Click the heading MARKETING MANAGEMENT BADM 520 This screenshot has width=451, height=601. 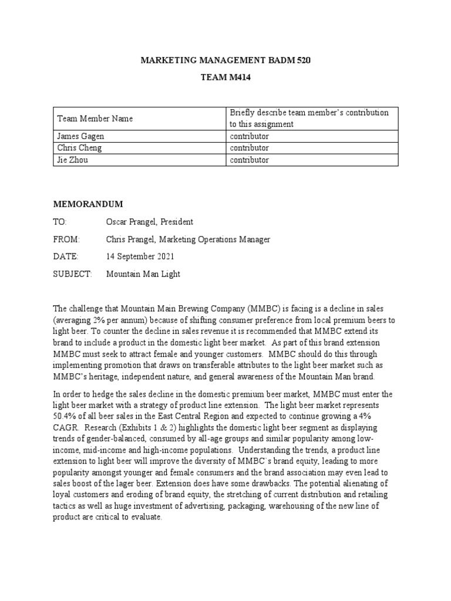coord(225,61)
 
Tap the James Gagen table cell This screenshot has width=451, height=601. coord(80,136)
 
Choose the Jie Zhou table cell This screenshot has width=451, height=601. coord(72,160)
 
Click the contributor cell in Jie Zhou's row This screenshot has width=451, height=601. coord(249,160)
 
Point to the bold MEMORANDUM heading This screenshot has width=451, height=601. coord(88,204)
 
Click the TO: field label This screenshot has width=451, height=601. coord(60,222)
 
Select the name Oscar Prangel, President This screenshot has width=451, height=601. coord(149,222)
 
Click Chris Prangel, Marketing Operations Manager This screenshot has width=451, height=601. coord(188,239)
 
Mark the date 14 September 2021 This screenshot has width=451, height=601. coord(140,256)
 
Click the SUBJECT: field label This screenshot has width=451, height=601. coord(72,274)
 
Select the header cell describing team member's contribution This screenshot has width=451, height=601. coord(309,119)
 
